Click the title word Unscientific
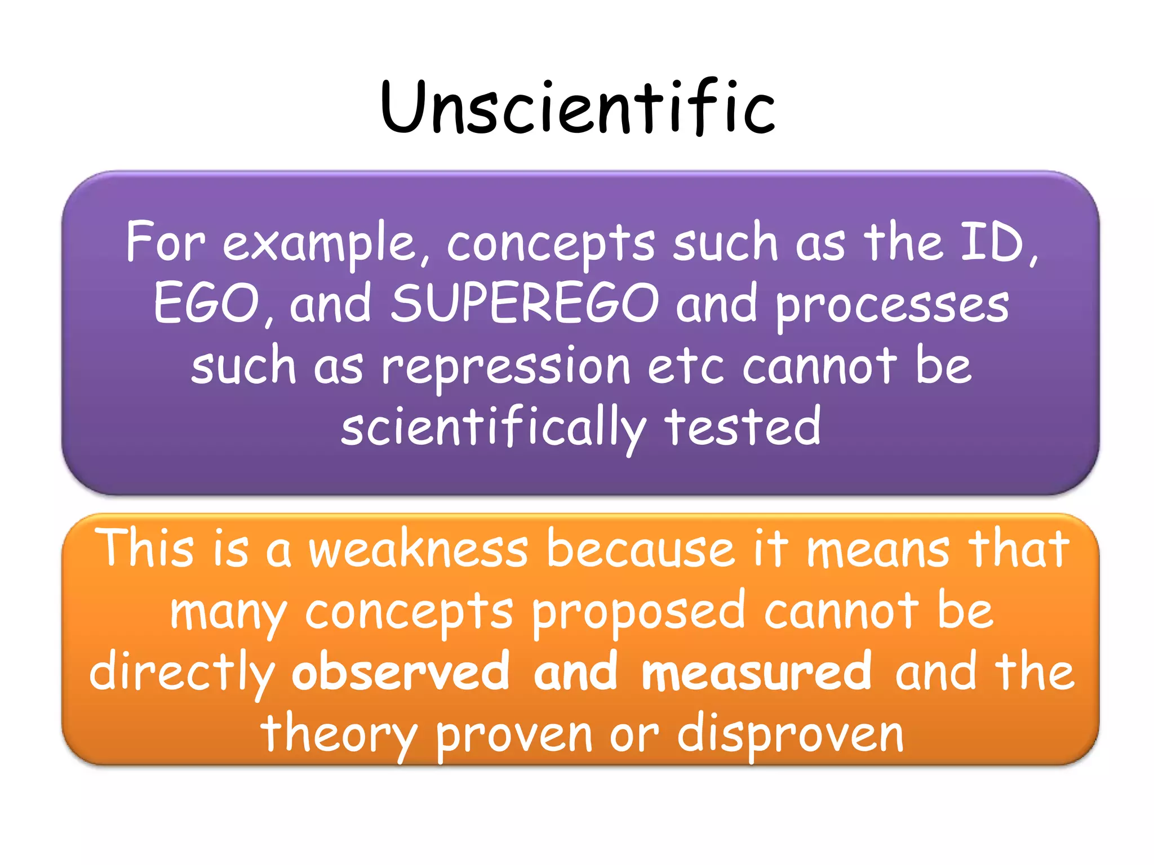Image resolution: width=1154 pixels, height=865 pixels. click(x=578, y=107)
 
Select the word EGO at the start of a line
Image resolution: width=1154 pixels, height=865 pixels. click(x=206, y=304)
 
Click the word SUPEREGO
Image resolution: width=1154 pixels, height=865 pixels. click(x=525, y=304)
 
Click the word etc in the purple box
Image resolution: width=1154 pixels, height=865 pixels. click(x=685, y=366)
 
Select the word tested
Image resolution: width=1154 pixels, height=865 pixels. click(x=742, y=427)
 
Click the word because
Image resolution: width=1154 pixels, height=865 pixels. click(x=640, y=549)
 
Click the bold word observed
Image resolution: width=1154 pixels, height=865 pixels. click(x=401, y=672)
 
